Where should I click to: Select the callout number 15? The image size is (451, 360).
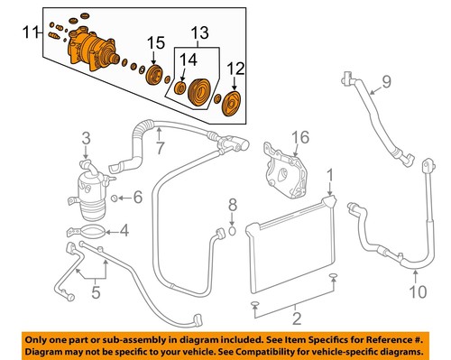pyautogui.click(x=157, y=43)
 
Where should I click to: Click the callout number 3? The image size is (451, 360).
pyautogui.click(x=86, y=138)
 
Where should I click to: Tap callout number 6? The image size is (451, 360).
pyautogui.click(x=138, y=198)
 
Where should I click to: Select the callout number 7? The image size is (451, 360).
pyautogui.click(x=160, y=147)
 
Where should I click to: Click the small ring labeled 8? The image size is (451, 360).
pyautogui.click(x=232, y=229)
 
